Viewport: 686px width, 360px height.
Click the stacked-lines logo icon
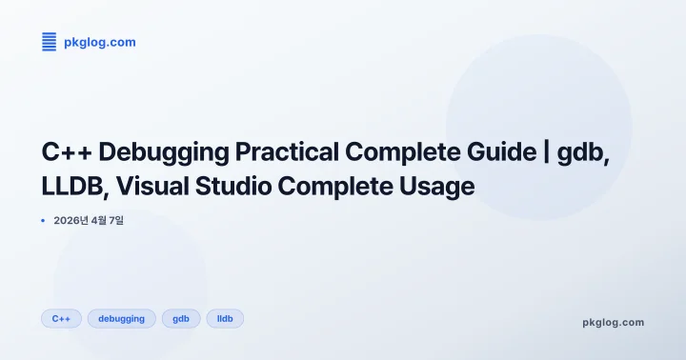(50, 41)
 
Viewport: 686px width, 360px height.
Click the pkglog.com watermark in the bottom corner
(613, 322)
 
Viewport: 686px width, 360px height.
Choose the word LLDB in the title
(71, 186)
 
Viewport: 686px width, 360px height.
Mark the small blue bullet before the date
(43, 221)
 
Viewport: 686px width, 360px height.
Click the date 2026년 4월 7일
(89, 221)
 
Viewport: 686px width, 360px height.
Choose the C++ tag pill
(61, 318)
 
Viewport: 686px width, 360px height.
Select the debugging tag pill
(122, 318)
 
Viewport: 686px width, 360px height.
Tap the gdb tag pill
(181, 318)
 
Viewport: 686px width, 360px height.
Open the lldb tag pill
(225, 318)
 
